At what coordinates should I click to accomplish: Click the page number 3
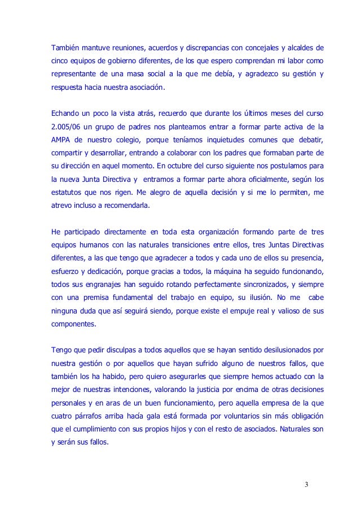(x=306, y=485)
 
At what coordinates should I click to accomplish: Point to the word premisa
(x=109, y=300)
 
